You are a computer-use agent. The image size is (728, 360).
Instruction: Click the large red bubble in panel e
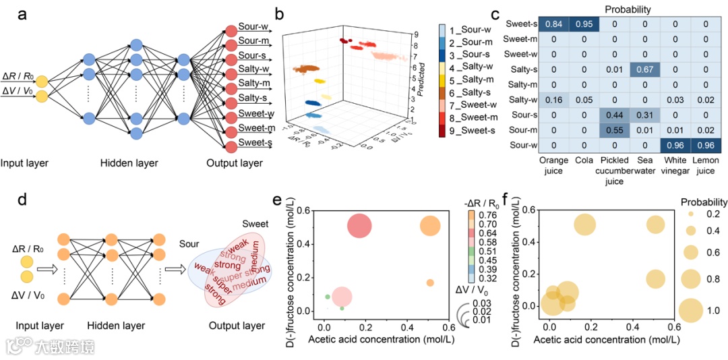(360, 226)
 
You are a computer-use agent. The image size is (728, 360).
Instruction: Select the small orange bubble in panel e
(429, 282)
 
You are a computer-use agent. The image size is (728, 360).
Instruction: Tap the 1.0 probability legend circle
(690, 310)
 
